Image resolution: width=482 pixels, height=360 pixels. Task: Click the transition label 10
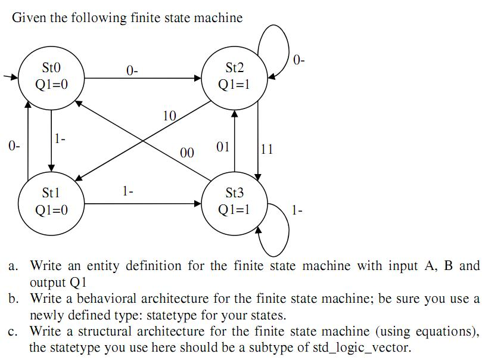[169, 116]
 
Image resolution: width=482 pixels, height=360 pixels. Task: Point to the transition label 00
[187, 153]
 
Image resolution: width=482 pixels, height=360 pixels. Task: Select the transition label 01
[223, 146]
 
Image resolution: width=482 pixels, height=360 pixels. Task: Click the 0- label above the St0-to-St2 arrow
[132, 70]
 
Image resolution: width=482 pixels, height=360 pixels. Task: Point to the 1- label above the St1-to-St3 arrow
[128, 191]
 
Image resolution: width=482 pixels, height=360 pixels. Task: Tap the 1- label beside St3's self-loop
[297, 210]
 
